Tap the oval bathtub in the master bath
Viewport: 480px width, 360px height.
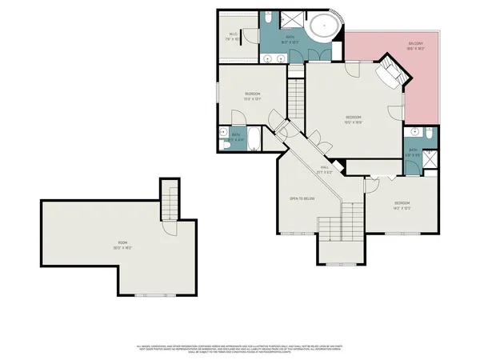324,27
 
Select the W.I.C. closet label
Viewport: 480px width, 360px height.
234,34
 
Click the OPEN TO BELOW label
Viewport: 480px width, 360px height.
302,198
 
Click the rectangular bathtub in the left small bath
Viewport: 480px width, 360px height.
254,140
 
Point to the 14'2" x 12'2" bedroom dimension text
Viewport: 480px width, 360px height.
402,206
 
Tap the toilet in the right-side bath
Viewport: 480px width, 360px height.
430,137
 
